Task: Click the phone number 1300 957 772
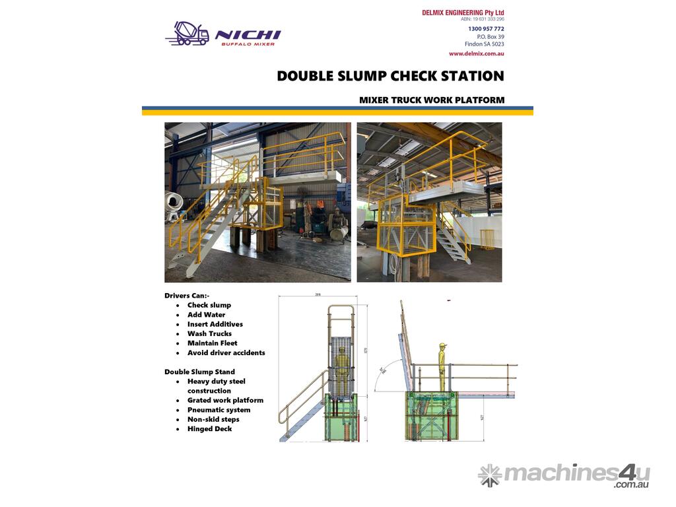pyautogui.click(x=485, y=29)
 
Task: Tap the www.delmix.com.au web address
pyautogui.click(x=476, y=53)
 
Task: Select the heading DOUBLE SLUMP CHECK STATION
pyautogui.click(x=390, y=76)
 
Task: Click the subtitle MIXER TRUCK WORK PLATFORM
pyautogui.click(x=432, y=100)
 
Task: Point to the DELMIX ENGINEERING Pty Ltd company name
pyautogui.click(x=463, y=13)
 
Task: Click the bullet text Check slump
pyautogui.click(x=209, y=306)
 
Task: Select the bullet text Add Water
pyautogui.click(x=206, y=315)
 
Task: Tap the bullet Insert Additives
pyautogui.click(x=215, y=324)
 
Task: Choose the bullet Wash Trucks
pyautogui.click(x=209, y=334)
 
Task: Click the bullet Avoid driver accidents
pyautogui.click(x=226, y=353)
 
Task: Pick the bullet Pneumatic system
pyautogui.click(x=219, y=410)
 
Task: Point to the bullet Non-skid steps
pyautogui.click(x=213, y=419)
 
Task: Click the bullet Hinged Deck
pyautogui.click(x=209, y=429)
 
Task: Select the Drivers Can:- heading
pyautogui.click(x=187, y=296)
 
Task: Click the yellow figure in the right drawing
pyautogui.click(x=442, y=366)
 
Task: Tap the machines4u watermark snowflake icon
pyautogui.click(x=490, y=475)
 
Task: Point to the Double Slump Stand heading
pyautogui.click(x=199, y=372)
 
